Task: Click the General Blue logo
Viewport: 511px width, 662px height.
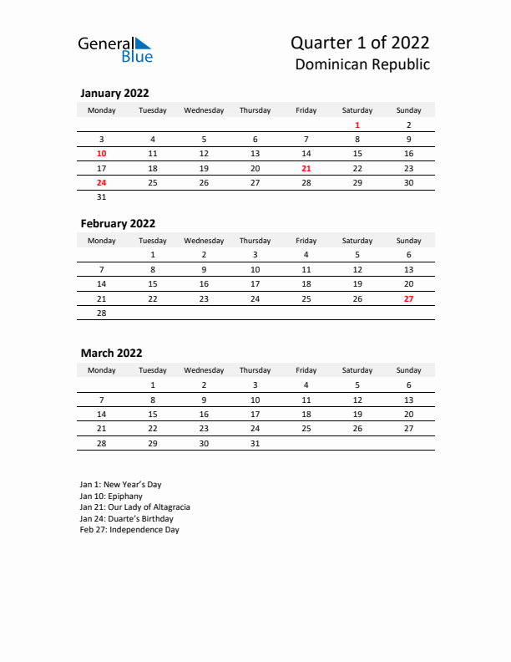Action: [115, 49]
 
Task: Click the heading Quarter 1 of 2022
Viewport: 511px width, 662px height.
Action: [361, 43]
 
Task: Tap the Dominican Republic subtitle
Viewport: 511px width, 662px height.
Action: [362, 64]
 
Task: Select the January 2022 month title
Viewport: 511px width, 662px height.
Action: [114, 94]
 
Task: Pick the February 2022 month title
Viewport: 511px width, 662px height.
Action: [118, 223]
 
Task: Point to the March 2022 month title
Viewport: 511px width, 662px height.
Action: [111, 353]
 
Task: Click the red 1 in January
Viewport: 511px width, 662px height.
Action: [357, 125]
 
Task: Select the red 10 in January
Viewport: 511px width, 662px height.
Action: [102, 154]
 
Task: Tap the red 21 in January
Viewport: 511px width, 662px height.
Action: [306, 168]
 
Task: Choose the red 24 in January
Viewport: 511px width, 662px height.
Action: [102, 182]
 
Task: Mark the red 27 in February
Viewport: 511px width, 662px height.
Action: [408, 298]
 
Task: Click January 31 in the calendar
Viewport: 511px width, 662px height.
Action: [102, 197]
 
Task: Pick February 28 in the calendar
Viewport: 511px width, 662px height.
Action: [102, 313]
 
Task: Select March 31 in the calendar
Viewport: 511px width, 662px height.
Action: [255, 443]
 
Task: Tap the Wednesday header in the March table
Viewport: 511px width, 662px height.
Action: [204, 370]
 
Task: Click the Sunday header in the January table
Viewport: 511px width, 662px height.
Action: [408, 110]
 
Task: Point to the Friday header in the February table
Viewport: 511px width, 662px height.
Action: [306, 241]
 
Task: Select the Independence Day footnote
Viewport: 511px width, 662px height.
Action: [129, 529]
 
